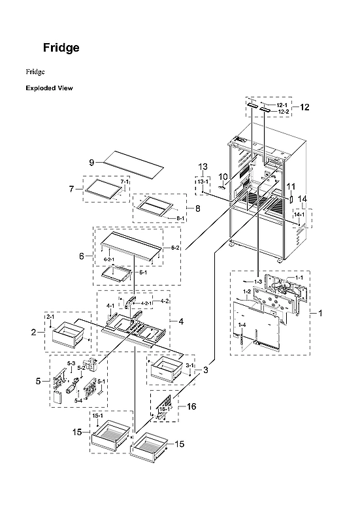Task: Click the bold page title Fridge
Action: point(61,48)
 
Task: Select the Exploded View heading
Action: point(49,88)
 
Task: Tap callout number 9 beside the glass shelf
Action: point(92,161)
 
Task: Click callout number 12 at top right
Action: point(304,107)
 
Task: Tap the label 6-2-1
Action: point(110,259)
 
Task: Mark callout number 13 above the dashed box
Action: point(203,167)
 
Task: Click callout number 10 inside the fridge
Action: point(223,176)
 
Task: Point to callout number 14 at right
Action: point(303,199)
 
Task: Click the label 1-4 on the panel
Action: point(242,325)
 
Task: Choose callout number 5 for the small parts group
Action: point(38,381)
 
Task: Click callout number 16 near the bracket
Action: point(191,406)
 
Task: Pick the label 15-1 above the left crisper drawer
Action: point(99,416)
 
